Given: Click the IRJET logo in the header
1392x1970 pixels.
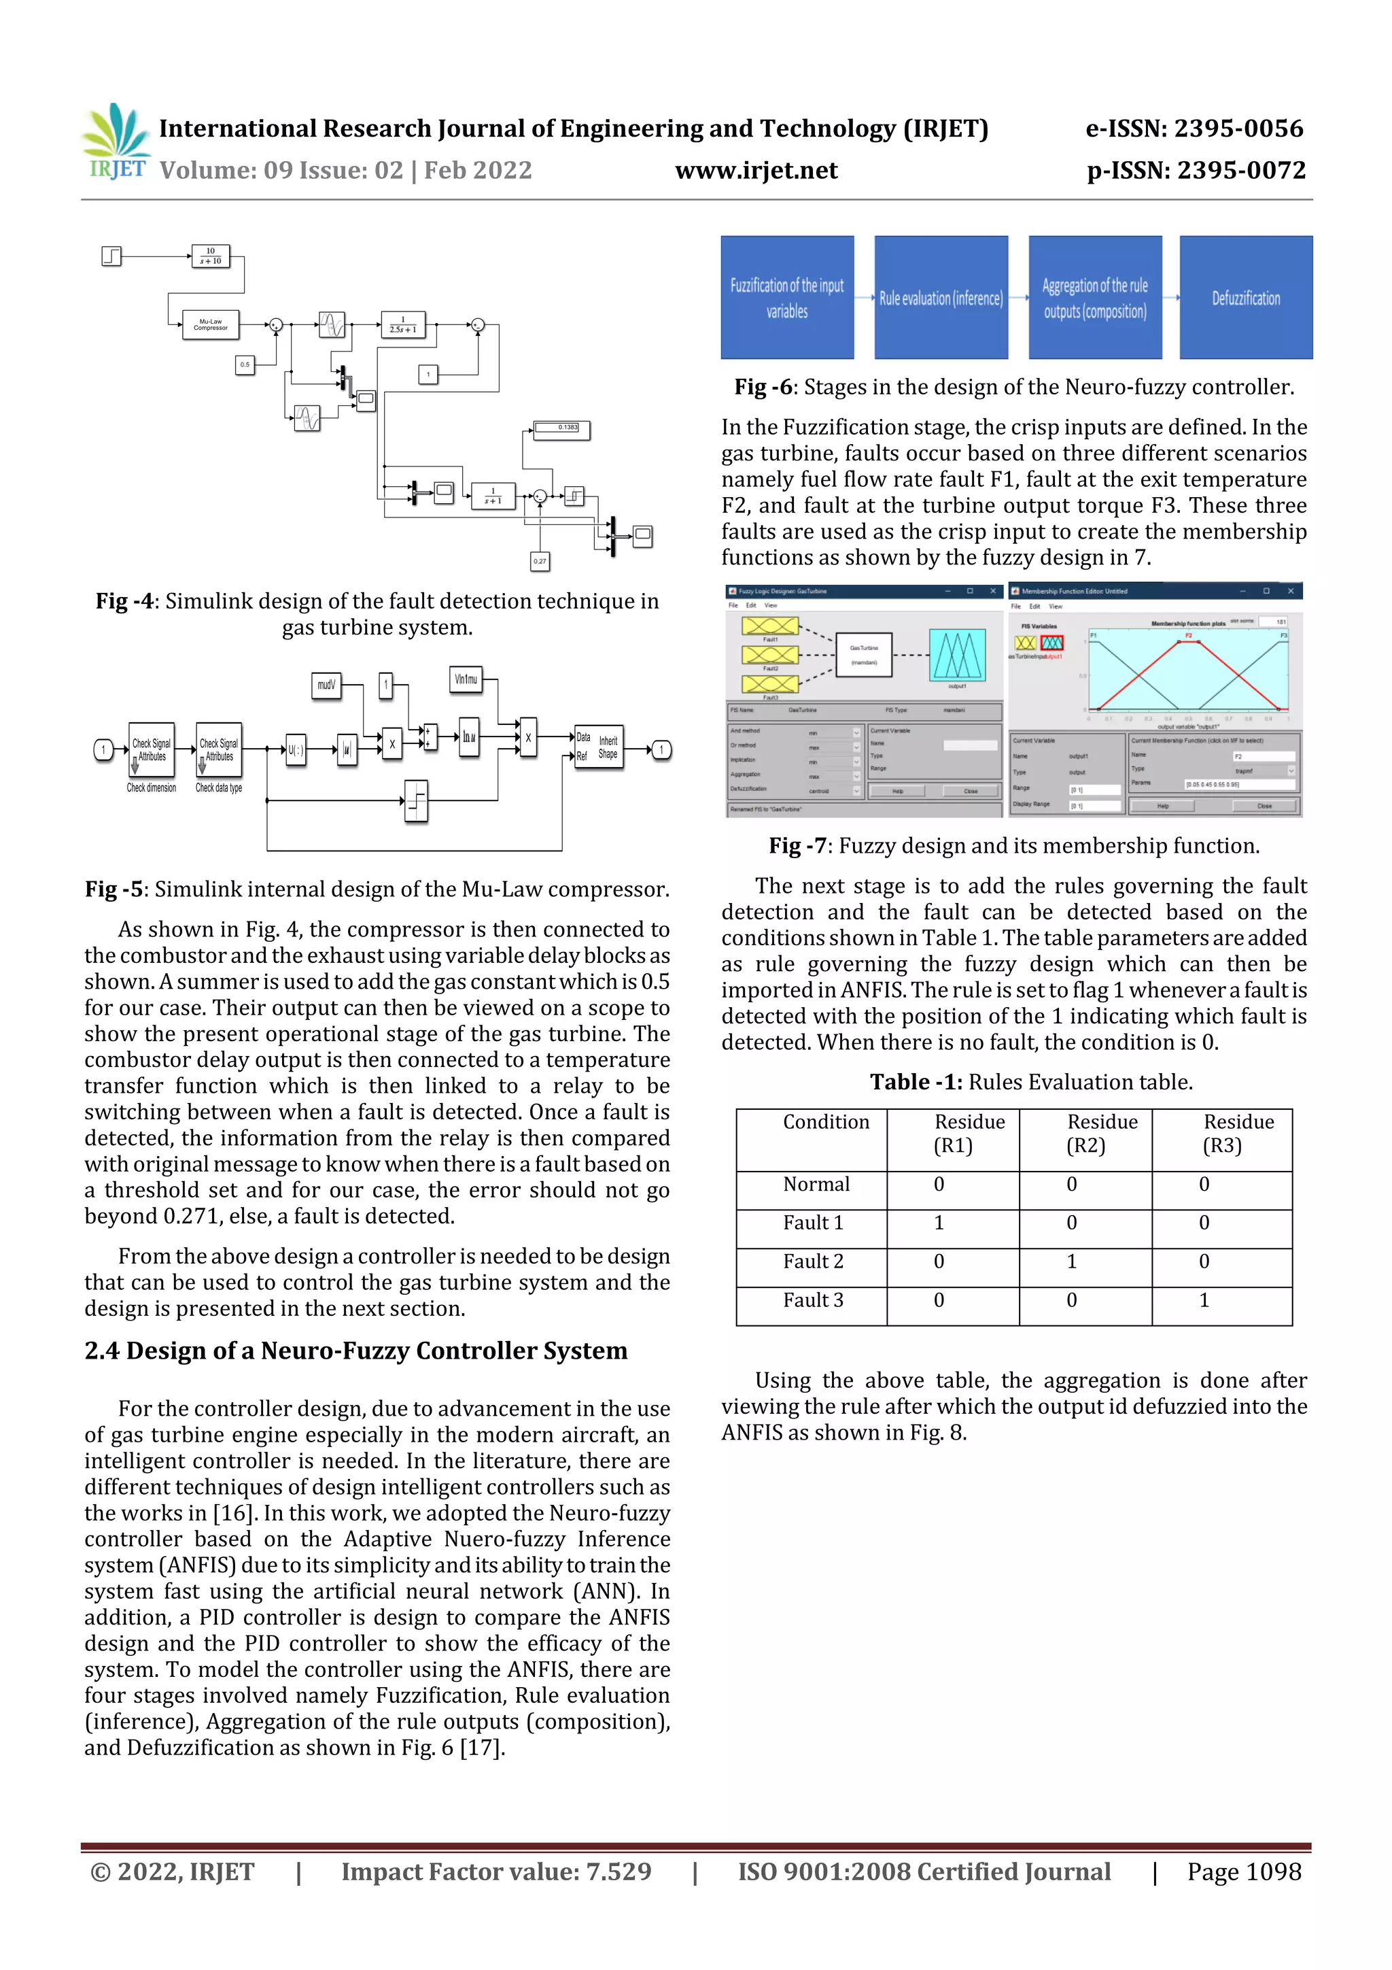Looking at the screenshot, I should [x=116, y=141].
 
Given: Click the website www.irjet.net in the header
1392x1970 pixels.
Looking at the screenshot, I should [x=756, y=171].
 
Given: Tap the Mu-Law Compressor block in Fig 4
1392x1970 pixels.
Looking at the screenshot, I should [x=210, y=325].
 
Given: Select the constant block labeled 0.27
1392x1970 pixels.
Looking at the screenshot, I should [x=540, y=561].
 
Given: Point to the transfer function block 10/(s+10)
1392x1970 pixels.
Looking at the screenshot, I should [x=210, y=256].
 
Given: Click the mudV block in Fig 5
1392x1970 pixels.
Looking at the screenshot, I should [x=326, y=685].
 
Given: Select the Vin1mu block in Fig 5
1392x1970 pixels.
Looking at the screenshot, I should [x=466, y=679].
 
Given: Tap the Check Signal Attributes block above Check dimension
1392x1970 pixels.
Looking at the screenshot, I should [x=151, y=750].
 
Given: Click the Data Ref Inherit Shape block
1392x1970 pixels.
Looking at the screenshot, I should [x=598, y=747].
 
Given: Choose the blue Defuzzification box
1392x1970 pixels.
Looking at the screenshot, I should [x=1245, y=298].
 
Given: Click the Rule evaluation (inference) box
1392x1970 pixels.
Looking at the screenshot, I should [x=941, y=298].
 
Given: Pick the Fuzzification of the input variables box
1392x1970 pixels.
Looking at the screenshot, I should [x=786, y=298].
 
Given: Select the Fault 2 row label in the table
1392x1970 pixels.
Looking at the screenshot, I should [x=812, y=1261].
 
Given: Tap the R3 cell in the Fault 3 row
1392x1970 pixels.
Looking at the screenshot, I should [x=1204, y=1300].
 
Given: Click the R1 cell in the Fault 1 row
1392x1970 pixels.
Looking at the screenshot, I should [x=939, y=1223].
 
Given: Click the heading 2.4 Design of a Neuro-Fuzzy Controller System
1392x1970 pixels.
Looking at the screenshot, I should [x=356, y=1351].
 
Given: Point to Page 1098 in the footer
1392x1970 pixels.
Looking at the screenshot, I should [x=1244, y=1871].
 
